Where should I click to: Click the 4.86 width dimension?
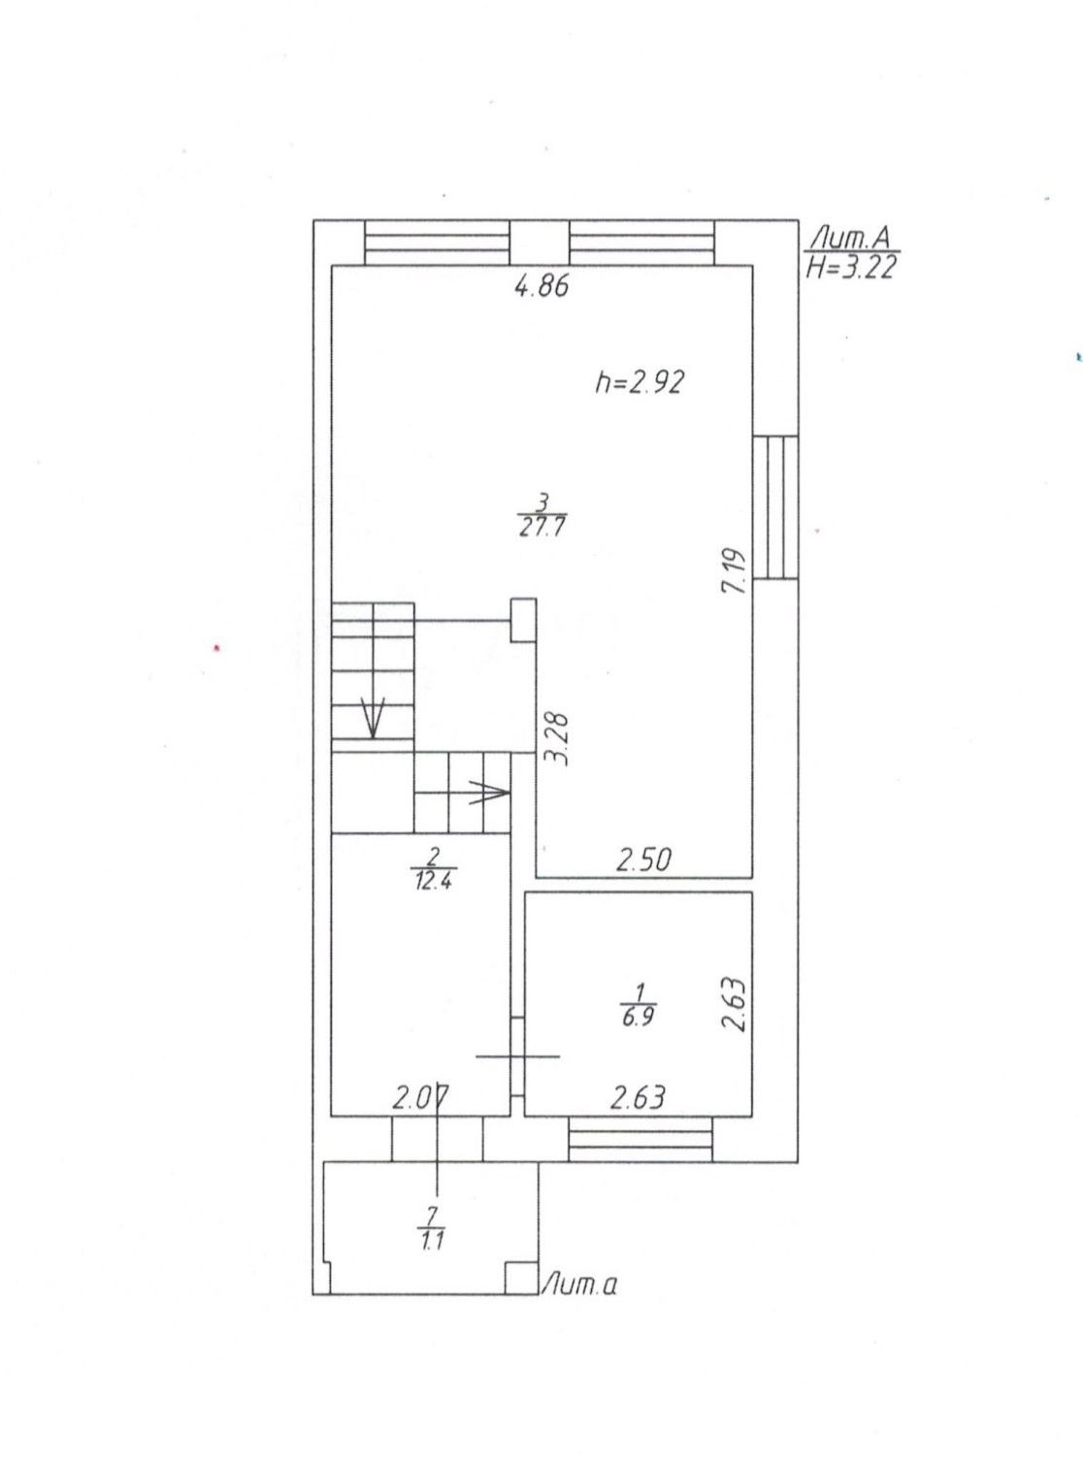point(541,286)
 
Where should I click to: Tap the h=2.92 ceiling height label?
point(640,382)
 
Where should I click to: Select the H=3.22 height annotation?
point(850,268)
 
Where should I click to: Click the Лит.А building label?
point(854,237)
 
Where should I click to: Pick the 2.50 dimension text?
point(644,859)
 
